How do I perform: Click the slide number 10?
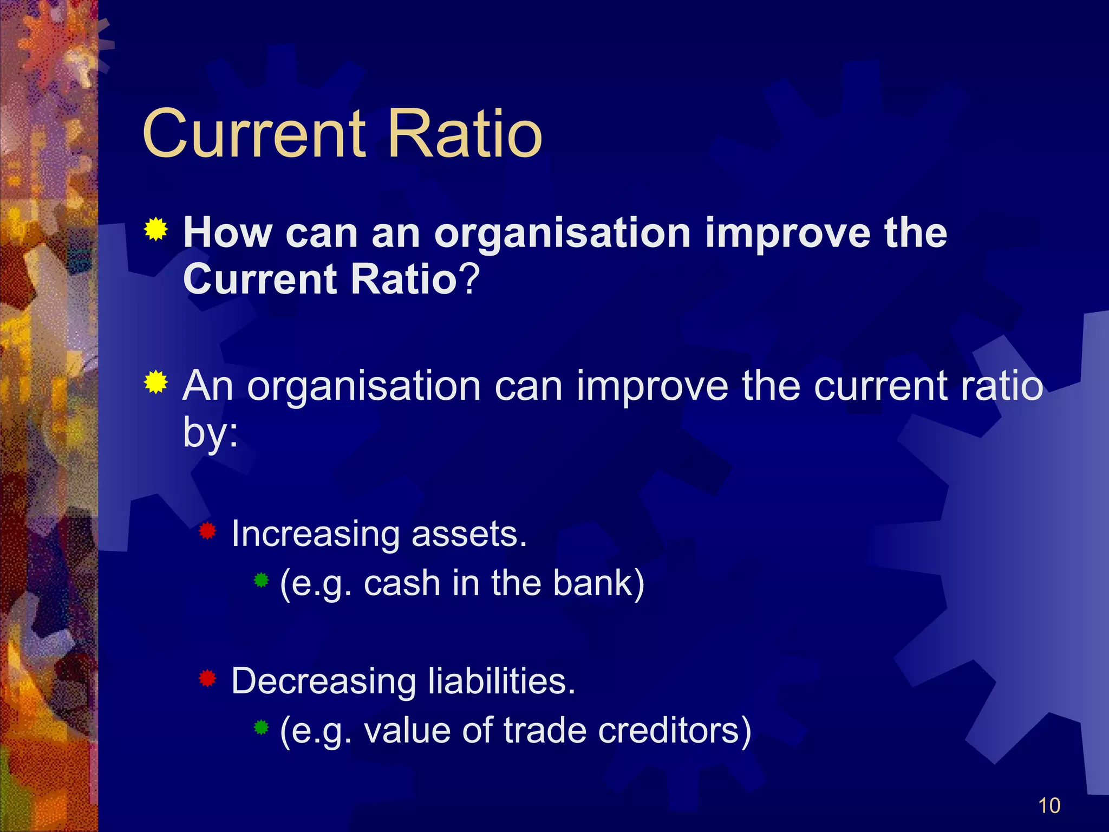coord(1049,805)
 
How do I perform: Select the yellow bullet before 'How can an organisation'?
coord(156,229)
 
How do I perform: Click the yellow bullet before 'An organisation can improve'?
coord(156,383)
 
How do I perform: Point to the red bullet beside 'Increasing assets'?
coord(207,531)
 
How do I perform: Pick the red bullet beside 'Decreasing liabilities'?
coord(207,678)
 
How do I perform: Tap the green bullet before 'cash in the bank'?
coord(261,581)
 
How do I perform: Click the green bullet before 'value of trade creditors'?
coord(261,727)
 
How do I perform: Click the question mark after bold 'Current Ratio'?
coord(469,279)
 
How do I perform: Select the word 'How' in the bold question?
coord(227,233)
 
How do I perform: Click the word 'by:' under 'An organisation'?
coord(210,433)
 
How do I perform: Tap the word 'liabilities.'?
coord(501,681)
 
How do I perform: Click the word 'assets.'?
coord(469,534)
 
